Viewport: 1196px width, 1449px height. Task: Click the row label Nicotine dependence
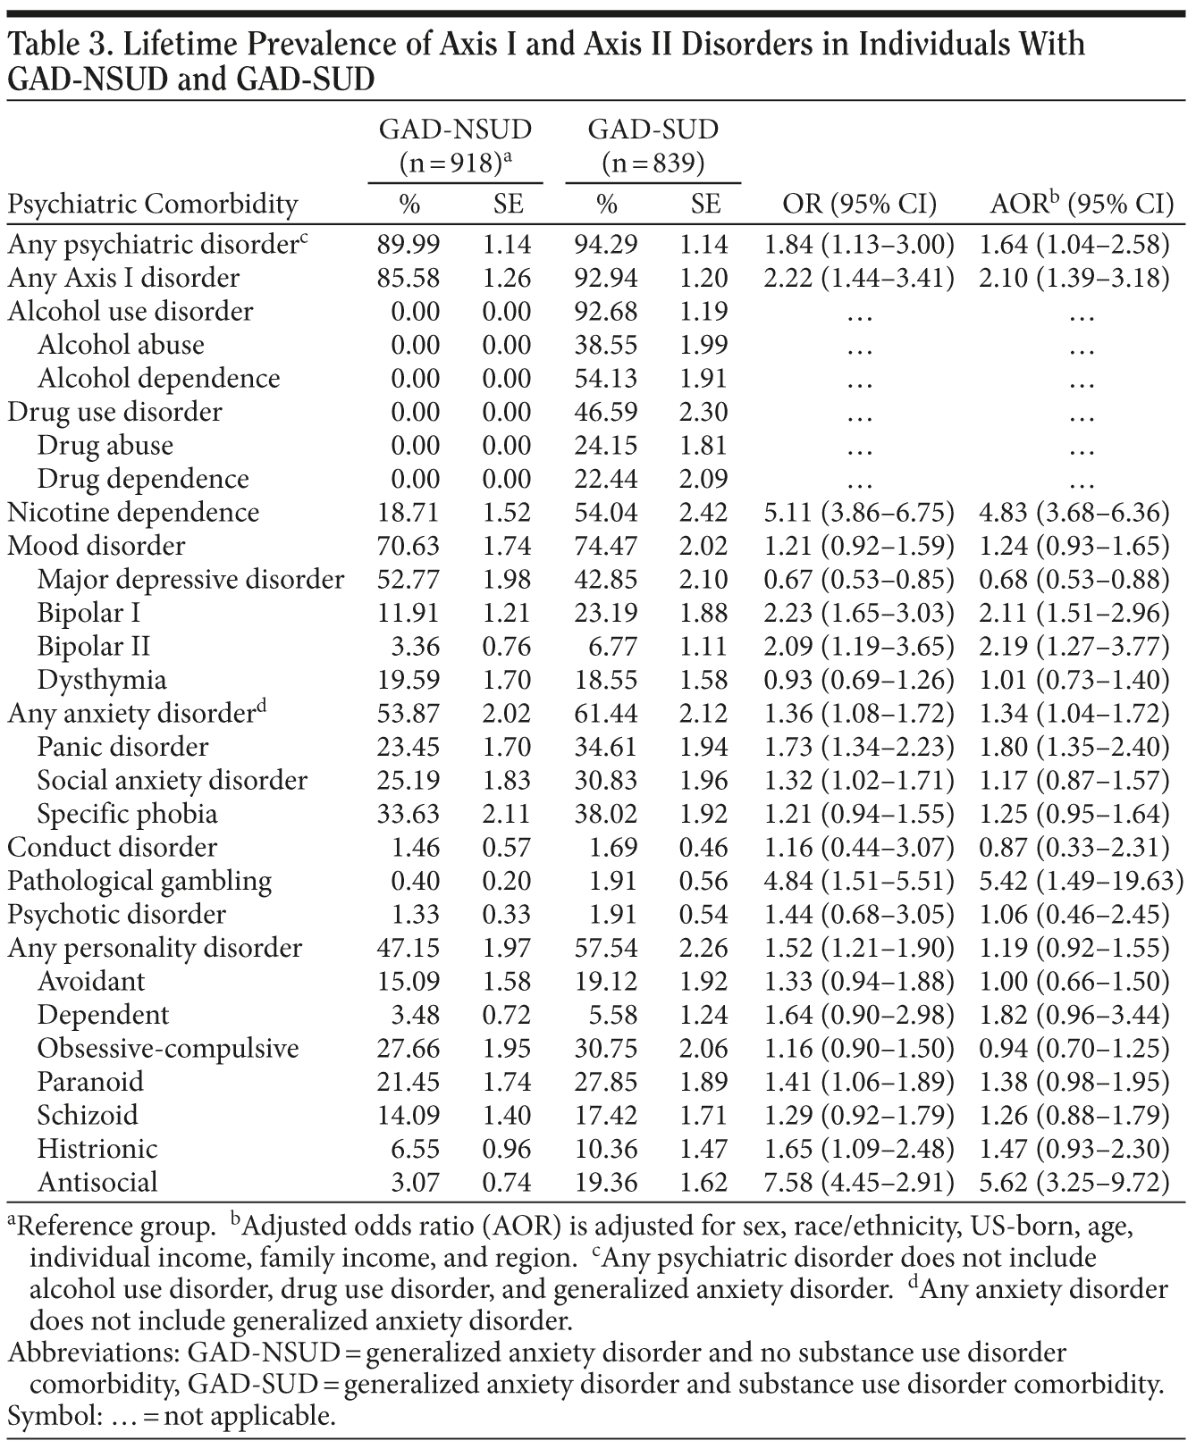pyautogui.click(x=133, y=513)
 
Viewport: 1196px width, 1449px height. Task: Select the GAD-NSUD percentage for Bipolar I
pyautogui.click(x=408, y=614)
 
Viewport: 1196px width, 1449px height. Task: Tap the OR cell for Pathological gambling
pyautogui.click(x=858, y=882)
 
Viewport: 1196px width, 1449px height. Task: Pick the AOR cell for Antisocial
pyautogui.click(x=1080, y=1183)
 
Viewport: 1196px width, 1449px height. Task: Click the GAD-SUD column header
pyautogui.click(x=653, y=130)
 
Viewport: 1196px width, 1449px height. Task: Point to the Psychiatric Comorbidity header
pyautogui.click(x=152, y=205)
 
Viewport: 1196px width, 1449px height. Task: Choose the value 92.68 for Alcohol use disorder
pyautogui.click(x=606, y=312)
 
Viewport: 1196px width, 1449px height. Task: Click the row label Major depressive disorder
pyautogui.click(x=190, y=580)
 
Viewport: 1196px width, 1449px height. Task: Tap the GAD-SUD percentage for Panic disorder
pyautogui.click(x=606, y=748)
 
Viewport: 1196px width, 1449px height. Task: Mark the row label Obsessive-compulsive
pyautogui.click(x=168, y=1049)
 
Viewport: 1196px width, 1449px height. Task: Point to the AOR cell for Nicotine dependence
pyautogui.click(x=1080, y=513)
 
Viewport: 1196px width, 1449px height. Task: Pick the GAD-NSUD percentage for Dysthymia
pyautogui.click(x=408, y=681)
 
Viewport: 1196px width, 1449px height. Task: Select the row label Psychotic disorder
pyautogui.click(x=117, y=915)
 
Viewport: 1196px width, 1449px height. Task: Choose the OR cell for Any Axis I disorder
pyautogui.click(x=858, y=279)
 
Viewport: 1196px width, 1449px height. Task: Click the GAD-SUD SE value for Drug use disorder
pyautogui.click(x=705, y=413)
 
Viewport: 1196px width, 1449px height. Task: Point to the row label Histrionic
pyautogui.click(x=97, y=1149)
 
